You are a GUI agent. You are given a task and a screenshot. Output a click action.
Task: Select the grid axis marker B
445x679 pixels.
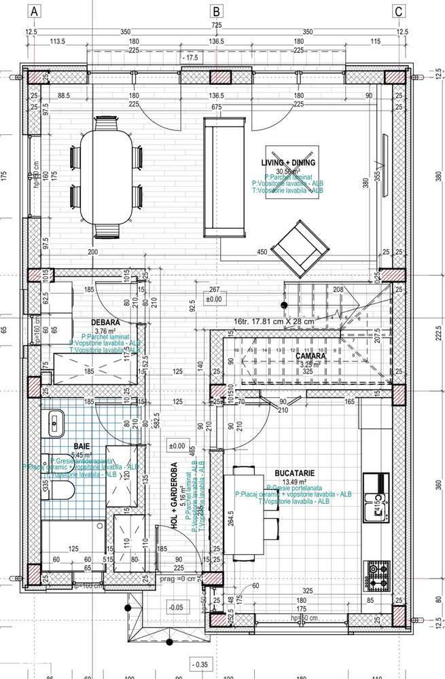(x=217, y=11)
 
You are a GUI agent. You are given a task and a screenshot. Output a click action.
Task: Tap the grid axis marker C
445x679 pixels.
(x=399, y=11)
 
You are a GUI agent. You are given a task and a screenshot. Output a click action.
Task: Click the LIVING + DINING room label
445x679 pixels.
(x=288, y=163)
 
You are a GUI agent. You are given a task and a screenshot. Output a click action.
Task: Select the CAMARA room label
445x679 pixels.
(x=310, y=355)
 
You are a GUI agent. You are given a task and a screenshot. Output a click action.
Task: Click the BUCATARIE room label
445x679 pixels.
(x=293, y=471)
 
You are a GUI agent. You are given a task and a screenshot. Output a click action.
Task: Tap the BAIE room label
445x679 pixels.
(x=84, y=445)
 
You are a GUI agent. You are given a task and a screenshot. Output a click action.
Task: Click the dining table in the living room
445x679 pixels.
(x=106, y=178)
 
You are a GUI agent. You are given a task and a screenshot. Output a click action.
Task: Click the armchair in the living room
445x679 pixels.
(x=296, y=246)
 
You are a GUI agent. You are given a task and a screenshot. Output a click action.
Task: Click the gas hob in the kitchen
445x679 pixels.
(x=377, y=574)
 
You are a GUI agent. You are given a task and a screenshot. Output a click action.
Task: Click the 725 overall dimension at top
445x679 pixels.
(x=217, y=25)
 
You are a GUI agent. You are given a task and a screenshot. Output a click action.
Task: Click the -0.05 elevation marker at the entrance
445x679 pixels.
(x=175, y=607)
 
